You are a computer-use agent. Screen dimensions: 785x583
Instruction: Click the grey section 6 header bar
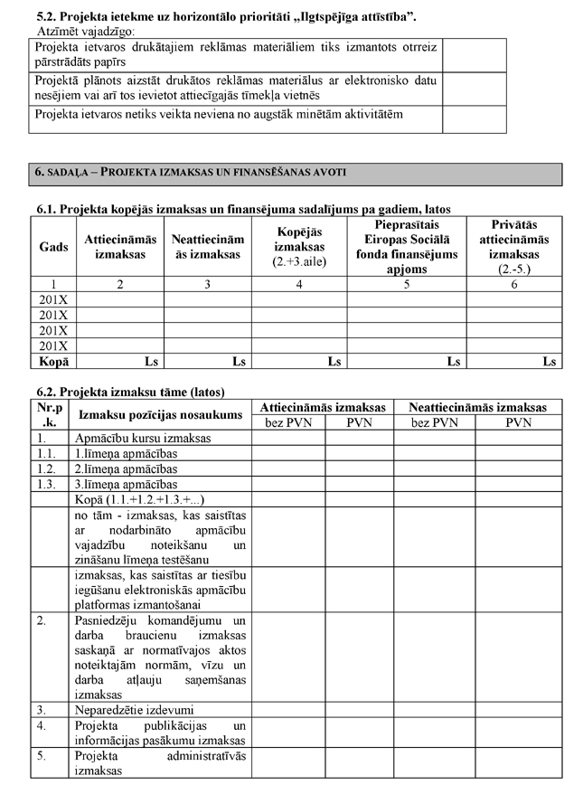pyautogui.click(x=296, y=172)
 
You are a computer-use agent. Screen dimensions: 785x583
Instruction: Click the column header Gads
pyautogui.click(x=53, y=247)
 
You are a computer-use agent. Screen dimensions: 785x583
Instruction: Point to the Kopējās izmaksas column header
pyautogui.click(x=298, y=247)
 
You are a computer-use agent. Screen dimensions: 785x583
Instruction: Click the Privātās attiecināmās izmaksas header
pyautogui.click(x=513, y=247)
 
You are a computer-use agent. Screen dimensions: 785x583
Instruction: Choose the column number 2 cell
pyautogui.click(x=120, y=284)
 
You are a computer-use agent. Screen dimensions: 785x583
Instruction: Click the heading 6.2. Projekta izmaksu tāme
pyautogui.click(x=130, y=392)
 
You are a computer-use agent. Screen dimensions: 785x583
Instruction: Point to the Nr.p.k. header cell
pyautogui.click(x=49, y=414)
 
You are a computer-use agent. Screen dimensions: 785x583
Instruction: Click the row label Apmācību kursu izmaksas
pyautogui.click(x=143, y=438)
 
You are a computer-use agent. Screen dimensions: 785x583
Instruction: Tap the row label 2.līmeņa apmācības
pyautogui.click(x=126, y=469)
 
